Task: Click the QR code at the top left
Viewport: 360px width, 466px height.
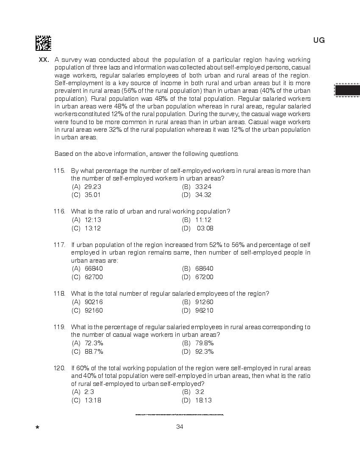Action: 43,43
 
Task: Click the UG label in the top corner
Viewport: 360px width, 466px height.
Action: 319,40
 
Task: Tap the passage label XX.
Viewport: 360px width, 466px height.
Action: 44,60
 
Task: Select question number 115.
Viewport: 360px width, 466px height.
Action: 59,171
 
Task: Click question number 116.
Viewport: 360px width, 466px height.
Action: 59,211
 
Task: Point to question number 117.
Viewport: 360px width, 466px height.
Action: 59,244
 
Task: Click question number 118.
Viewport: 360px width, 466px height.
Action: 59,294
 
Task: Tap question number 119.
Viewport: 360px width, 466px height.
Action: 59,327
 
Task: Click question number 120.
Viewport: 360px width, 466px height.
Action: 59,368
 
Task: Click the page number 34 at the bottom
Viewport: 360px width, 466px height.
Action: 180,427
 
